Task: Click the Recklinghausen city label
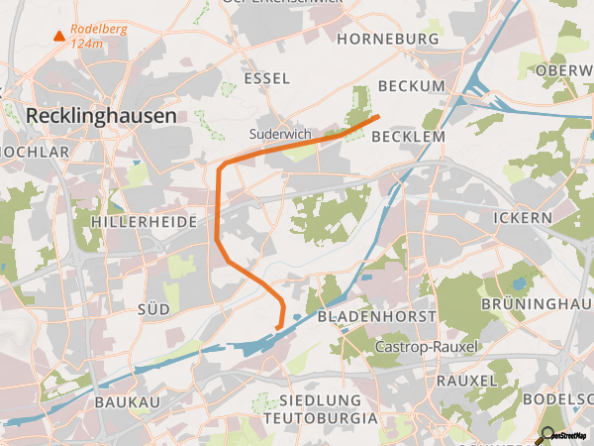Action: (101, 115)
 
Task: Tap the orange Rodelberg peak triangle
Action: (58, 37)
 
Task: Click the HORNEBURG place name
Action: (387, 39)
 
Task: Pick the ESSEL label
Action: (267, 78)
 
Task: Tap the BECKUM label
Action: (411, 86)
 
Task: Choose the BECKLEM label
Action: (408, 137)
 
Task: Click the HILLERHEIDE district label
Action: (144, 223)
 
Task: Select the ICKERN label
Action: (521, 217)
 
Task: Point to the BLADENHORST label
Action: (377, 316)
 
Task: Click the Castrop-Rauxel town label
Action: (427, 347)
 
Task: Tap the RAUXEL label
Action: (465, 381)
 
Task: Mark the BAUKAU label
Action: (127, 402)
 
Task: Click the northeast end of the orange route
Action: (378, 118)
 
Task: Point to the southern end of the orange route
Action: (277, 328)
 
